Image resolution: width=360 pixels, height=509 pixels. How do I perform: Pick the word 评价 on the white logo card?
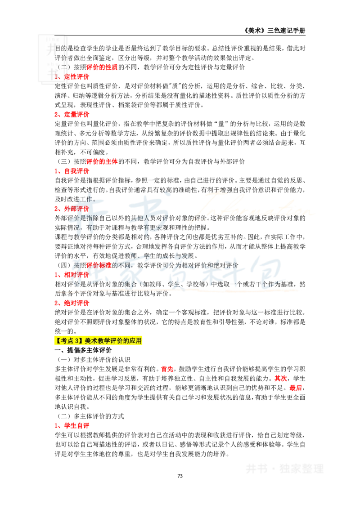tap(60, 58)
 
